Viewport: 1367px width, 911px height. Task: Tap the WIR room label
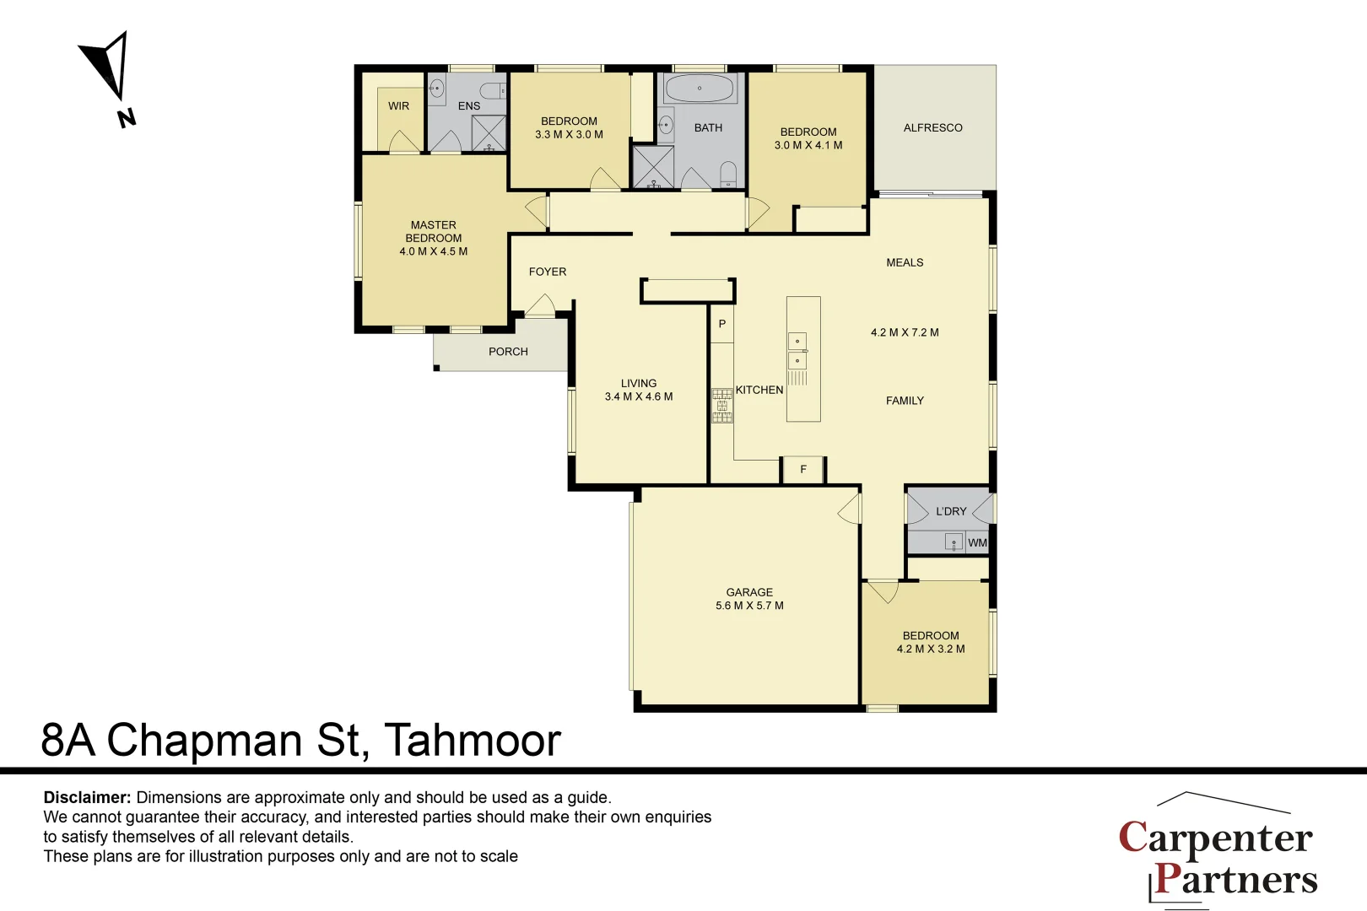[x=398, y=106]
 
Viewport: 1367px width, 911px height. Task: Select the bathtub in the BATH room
[x=699, y=89]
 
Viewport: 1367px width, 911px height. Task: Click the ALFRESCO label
[x=932, y=128]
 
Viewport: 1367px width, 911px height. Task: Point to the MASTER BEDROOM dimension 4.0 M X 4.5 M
[x=433, y=251]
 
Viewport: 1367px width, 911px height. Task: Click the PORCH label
[x=508, y=352]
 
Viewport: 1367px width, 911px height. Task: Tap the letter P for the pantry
[x=721, y=324]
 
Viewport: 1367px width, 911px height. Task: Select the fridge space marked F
[x=803, y=469]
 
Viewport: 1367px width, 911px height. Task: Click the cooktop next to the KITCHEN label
[x=721, y=406]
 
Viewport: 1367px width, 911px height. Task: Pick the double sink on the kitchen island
[x=797, y=351]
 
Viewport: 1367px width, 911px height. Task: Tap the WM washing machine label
[x=977, y=542]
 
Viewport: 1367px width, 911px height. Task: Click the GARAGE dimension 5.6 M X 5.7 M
[x=749, y=606]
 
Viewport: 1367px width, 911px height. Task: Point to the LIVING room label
[x=639, y=383]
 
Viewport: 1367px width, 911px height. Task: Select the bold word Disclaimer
[x=87, y=797]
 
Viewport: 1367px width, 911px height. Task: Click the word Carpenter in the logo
[x=1215, y=838]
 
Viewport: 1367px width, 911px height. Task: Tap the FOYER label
[x=548, y=272]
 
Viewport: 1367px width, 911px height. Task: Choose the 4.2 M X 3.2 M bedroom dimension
[x=931, y=649]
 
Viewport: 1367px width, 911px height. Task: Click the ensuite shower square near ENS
[x=489, y=132]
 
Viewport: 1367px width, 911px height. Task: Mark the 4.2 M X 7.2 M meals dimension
[x=905, y=332]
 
